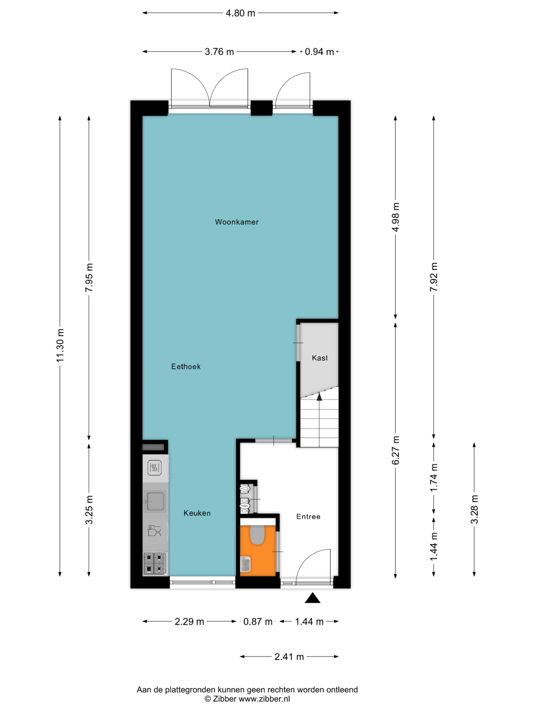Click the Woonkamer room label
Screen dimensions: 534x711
237,222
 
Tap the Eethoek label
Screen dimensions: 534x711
186,366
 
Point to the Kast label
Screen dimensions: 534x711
320,358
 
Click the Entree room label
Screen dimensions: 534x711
308,516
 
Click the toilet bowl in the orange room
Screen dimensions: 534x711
257,535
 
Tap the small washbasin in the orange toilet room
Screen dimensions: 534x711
246,565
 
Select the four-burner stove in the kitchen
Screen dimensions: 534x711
155,563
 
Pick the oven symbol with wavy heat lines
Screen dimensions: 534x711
154,468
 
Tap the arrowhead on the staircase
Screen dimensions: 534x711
319,397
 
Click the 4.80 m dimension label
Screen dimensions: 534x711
240,13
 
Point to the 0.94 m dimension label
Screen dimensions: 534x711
319,52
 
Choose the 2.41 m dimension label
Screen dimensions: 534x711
289,656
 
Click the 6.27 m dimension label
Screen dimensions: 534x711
396,450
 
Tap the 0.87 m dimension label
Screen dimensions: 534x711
258,621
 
